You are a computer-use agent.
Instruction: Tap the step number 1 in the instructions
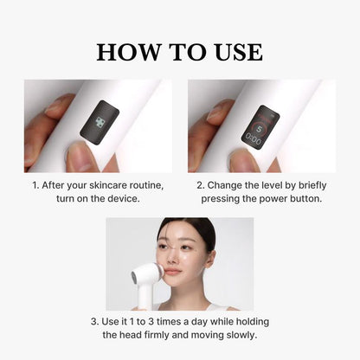(35, 185)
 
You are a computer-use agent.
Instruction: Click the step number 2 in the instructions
(199, 185)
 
